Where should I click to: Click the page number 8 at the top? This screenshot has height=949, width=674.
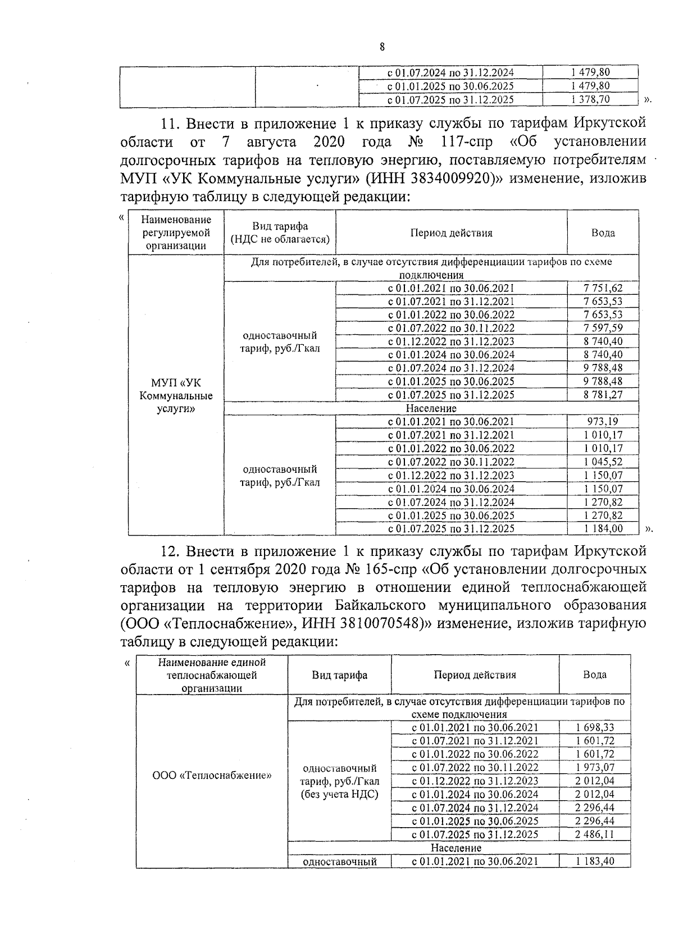coord(382,47)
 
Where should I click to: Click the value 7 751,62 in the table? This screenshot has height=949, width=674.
coord(603,288)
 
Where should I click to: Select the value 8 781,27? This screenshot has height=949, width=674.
coord(603,395)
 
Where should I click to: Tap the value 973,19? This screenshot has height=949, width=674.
coord(603,422)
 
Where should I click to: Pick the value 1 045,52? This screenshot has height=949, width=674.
coord(603,462)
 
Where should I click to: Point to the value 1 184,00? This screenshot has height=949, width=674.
coord(603,528)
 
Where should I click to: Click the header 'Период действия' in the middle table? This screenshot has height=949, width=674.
coord(451,233)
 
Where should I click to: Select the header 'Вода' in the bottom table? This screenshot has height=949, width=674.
coord(594,675)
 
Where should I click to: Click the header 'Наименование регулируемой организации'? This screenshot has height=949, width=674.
coord(176,232)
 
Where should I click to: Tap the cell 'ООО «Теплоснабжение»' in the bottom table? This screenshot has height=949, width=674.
coord(212,776)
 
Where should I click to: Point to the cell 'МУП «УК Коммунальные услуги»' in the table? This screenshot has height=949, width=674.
coord(176,396)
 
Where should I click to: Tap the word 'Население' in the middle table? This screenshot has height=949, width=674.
coord(431,408)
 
